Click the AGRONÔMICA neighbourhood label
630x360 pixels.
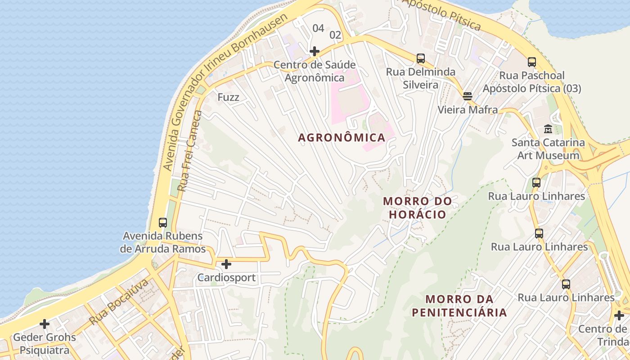point(342,138)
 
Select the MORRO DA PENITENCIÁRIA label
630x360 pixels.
point(459,306)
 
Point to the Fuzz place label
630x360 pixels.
point(228,97)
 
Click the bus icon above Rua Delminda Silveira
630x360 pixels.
point(421,58)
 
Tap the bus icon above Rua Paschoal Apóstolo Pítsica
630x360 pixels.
point(532,62)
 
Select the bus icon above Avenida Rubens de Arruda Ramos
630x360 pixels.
point(163,222)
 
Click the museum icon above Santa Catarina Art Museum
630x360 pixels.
point(548,129)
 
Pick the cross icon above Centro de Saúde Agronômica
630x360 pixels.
point(315,51)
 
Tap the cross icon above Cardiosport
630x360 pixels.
point(226,264)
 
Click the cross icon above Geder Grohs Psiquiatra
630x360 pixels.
point(45,324)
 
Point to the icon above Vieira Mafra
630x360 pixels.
point(468,95)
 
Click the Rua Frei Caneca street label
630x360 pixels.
point(190,151)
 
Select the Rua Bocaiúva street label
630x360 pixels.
point(119,302)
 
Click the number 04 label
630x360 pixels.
point(318,28)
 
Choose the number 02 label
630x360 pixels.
point(335,35)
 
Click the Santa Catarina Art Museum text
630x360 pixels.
point(548,149)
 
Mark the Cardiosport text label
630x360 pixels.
point(226,278)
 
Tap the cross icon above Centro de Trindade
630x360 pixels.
point(619,315)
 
